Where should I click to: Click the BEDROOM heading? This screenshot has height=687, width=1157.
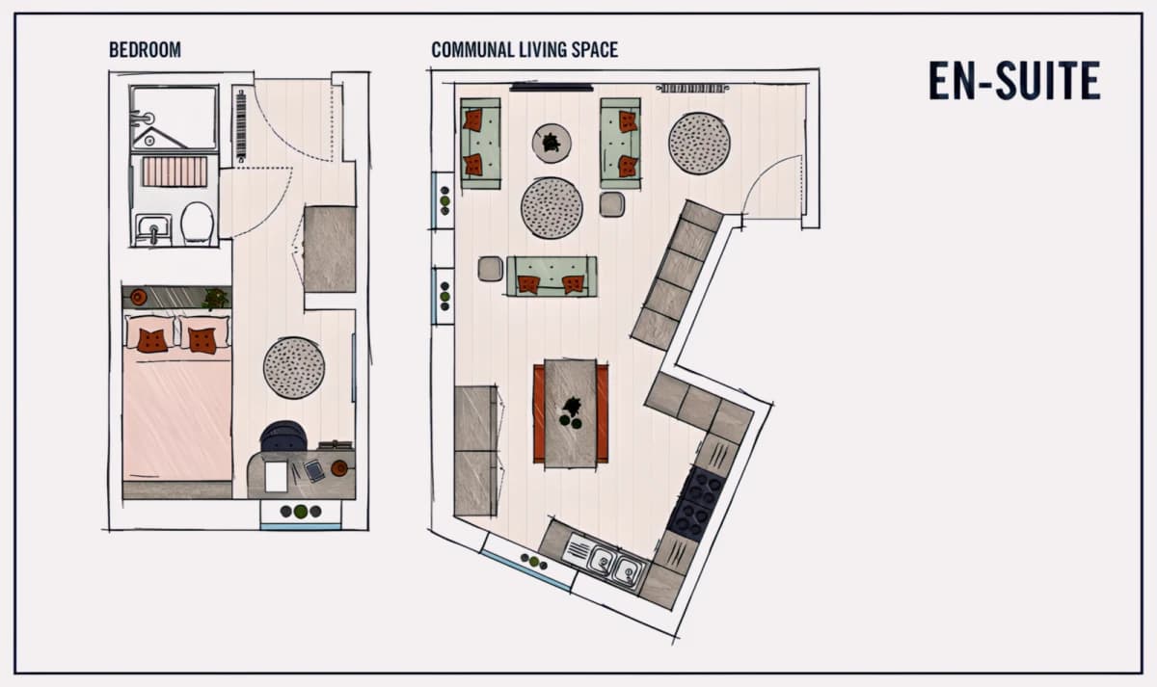coord(145,50)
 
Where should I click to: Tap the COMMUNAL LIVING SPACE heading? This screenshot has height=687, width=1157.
coord(525,50)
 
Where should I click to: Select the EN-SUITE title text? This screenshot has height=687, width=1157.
coord(1014,81)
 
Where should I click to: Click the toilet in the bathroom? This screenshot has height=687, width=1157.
coord(198,224)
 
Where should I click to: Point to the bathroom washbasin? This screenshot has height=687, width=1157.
coord(153,230)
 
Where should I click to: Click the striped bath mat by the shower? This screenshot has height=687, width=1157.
coord(175,172)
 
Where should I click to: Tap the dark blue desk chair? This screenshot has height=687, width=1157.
coord(283,436)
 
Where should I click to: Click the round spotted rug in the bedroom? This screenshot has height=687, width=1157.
coord(294,367)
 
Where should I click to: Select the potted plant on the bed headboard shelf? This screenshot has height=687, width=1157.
coord(215,299)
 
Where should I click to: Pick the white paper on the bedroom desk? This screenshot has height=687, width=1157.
coord(276,476)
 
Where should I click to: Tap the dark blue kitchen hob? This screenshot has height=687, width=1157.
coord(696,502)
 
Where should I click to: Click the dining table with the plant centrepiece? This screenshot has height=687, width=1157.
coord(571,413)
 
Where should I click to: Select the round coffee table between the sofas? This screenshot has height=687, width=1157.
coord(552,143)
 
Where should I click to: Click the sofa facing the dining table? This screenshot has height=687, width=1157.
coord(552,277)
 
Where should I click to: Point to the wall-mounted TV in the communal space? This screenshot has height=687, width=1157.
coord(552,88)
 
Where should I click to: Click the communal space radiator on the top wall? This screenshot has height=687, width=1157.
coord(692,89)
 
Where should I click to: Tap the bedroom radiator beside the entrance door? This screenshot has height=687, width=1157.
coord(241,126)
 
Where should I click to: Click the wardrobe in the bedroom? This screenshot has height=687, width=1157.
coord(330,249)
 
